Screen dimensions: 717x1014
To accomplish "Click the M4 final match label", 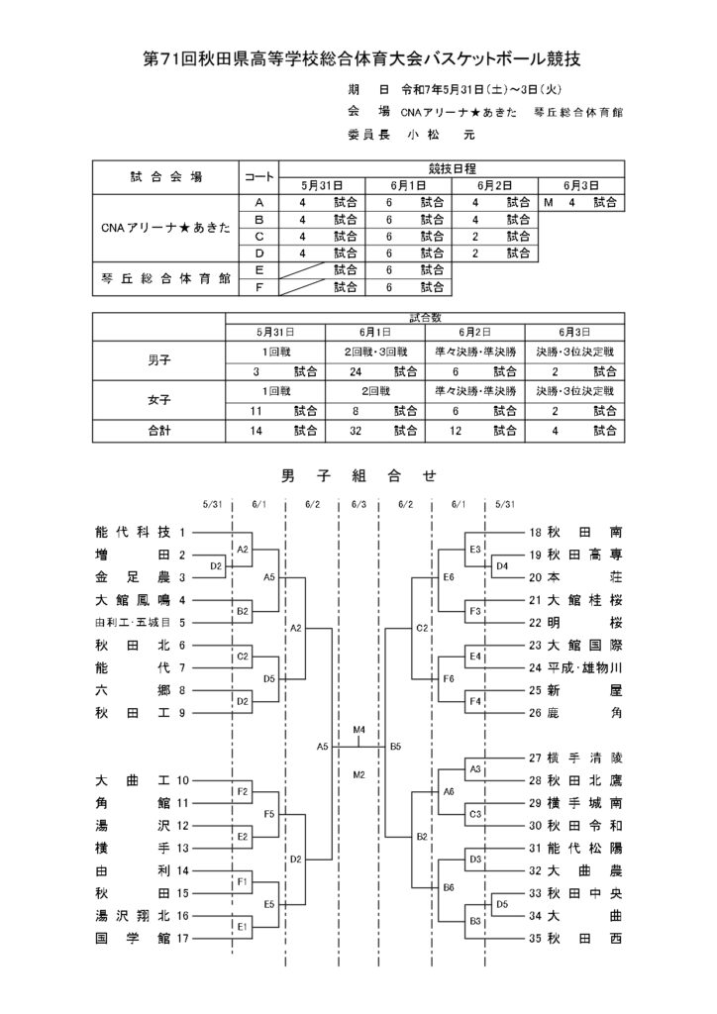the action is coord(359,730).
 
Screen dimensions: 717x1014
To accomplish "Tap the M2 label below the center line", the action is coord(359,774).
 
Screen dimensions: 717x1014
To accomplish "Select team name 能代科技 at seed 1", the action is coord(133,532).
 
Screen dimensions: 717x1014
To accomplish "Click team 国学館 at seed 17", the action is coord(133,938).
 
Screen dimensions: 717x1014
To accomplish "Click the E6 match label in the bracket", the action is coord(449,577).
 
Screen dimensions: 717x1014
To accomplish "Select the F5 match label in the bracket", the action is coord(269,814).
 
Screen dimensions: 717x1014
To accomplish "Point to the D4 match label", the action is coord(502,565).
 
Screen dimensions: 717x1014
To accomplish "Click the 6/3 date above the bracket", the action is coord(358,504).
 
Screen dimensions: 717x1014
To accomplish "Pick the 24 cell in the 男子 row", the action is coord(356,372).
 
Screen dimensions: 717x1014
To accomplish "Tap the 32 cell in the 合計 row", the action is coord(356,431).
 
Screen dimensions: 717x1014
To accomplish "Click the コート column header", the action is coord(258,177).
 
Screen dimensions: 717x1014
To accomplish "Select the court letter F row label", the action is coord(258,287).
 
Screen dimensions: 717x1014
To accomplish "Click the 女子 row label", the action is coord(159,400).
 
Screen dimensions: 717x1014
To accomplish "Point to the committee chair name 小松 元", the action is coord(443,135).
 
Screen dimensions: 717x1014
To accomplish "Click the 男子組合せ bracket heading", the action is coord(359,476).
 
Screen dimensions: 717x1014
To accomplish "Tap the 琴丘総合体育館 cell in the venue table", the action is coord(165,278).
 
